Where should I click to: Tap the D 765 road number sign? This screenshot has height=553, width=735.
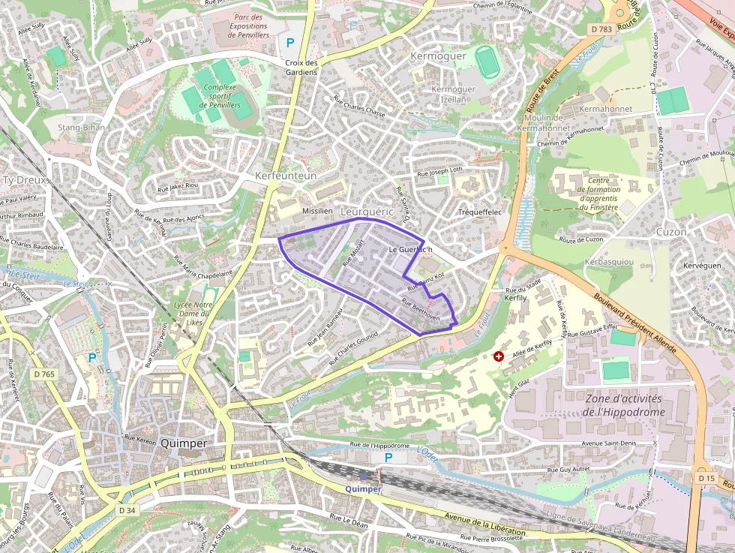coord(44,374)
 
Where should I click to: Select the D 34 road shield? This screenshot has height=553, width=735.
coord(127,510)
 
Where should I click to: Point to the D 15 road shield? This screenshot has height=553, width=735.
coord(705,478)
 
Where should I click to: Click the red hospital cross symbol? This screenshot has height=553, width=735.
coord(498,356)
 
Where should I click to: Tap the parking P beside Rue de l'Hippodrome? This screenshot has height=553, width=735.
coord(388,458)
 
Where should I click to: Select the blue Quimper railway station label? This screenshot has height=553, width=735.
coord(363,488)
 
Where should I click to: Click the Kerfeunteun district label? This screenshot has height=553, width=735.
coord(286,176)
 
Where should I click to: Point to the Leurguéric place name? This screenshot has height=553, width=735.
coord(367,212)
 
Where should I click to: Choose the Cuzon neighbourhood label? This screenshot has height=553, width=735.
coord(670,232)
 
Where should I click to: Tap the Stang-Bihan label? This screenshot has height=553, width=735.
coord(82,128)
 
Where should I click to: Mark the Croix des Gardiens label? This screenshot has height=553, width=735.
coord(301,67)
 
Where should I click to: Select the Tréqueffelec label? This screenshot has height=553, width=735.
coord(479,212)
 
